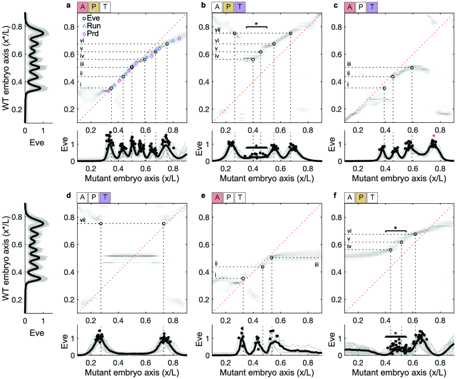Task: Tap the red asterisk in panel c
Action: pos(434,136)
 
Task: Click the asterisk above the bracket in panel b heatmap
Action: pos(256,23)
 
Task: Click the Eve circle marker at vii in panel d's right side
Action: pos(164,224)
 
